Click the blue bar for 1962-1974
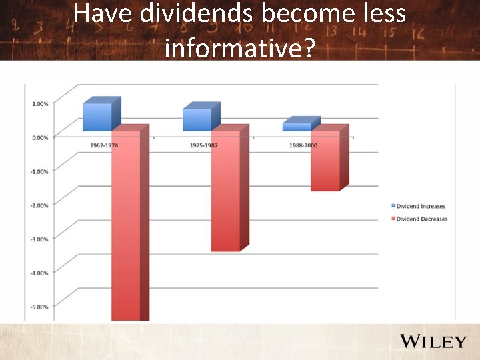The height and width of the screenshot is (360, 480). [97, 117]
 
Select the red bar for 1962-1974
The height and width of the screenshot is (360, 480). [125, 227]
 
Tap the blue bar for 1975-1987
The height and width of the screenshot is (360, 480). [197, 119]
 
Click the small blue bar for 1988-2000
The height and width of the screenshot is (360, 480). [297, 127]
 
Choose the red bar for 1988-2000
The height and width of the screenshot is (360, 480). [325, 160]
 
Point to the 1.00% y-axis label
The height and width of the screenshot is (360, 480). [40, 103]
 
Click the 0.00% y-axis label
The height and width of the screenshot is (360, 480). [40, 137]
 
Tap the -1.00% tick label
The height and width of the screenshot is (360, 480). [39, 171]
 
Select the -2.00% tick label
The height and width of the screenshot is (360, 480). [39, 205]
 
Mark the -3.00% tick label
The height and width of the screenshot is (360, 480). [39, 239]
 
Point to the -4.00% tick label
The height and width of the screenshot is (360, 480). [39, 273]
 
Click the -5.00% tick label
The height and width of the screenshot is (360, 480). [39, 307]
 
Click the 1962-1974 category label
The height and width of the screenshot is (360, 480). [104, 145]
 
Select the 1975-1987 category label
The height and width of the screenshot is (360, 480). [204, 145]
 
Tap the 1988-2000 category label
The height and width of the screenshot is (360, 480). [303, 145]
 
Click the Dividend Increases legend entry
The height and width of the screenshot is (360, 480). [421, 207]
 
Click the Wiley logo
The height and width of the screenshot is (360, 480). [433, 341]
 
